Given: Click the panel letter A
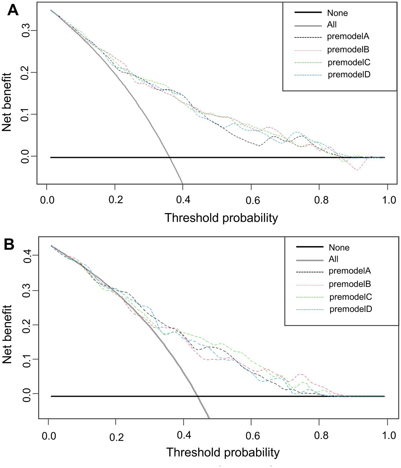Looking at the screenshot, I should point(13,11).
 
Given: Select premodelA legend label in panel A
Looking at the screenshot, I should point(348,36).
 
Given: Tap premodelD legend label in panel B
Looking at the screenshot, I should point(351,309).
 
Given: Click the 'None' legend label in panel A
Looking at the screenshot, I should point(337,13).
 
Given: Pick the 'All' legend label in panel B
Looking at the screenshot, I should point(333,259).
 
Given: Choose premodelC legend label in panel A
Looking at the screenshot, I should point(349,62).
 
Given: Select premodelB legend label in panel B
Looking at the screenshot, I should point(350,284).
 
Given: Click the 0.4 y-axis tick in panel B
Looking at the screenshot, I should point(27,255).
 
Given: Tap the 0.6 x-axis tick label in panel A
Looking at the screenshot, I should point(253,200).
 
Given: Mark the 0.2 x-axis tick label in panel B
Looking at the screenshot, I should point(116,437).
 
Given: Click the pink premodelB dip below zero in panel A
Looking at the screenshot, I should point(357,170).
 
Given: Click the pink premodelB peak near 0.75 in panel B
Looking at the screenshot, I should point(301,374).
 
